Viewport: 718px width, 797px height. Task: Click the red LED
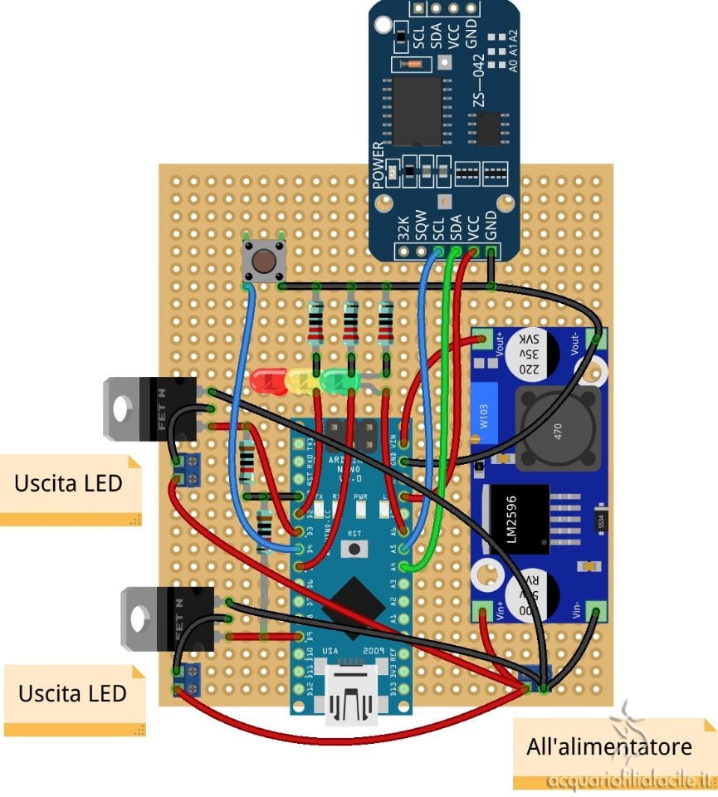(266, 381)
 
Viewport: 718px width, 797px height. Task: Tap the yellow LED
(300, 382)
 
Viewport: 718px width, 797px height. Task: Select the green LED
(337, 381)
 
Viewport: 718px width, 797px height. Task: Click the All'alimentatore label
(608, 747)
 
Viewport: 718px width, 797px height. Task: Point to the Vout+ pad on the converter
(482, 339)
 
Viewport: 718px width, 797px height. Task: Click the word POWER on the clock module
(379, 165)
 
